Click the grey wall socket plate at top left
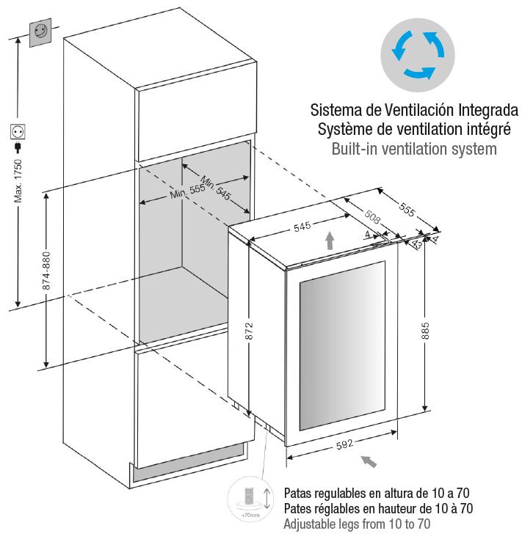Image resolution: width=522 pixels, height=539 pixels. pyautogui.click(x=40, y=33)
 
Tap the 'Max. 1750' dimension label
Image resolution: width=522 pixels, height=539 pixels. pyautogui.click(x=18, y=181)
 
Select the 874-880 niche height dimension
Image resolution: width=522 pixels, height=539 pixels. pyautogui.click(x=46, y=271)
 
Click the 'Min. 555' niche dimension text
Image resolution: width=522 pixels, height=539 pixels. pyautogui.click(x=187, y=191)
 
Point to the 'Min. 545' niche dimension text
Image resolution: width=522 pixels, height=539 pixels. pyautogui.click(x=215, y=188)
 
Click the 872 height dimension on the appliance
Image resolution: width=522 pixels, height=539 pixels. pyautogui.click(x=249, y=331)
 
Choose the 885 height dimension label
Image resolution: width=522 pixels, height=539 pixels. pyautogui.click(x=425, y=331)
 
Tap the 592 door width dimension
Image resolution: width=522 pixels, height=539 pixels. pyautogui.click(x=345, y=444)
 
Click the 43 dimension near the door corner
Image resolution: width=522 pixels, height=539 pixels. pyautogui.click(x=417, y=243)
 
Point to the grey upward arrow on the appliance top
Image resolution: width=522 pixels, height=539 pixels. pyautogui.click(x=330, y=241)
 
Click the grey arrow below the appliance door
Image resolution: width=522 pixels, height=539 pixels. pyautogui.click(x=368, y=461)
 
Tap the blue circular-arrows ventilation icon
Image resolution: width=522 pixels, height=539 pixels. pyautogui.click(x=418, y=55)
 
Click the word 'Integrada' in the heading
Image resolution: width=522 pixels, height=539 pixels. pyautogui.click(x=488, y=110)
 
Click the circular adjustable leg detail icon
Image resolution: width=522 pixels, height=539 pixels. pyautogui.click(x=251, y=499)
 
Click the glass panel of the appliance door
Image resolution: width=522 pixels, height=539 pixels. pyautogui.click(x=342, y=345)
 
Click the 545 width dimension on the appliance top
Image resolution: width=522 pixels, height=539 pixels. pyautogui.click(x=302, y=226)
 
